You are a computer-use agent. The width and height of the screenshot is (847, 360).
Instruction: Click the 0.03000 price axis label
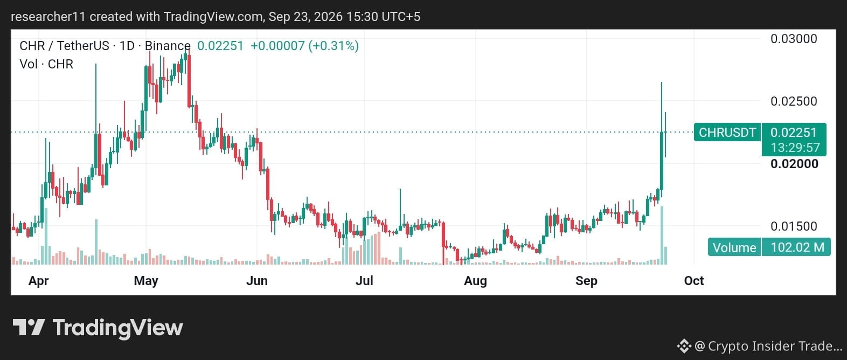pos(794,39)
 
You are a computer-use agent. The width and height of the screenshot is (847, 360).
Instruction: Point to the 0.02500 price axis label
pos(794,101)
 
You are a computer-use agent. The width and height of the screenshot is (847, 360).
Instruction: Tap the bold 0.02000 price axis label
pos(794,163)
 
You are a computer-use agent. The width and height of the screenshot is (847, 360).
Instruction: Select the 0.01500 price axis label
pos(794,226)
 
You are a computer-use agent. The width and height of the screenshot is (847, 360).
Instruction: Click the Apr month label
pos(39,281)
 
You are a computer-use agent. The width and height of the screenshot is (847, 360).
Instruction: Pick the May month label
pos(146,281)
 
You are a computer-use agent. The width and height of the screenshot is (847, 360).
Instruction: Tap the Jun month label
pos(257,281)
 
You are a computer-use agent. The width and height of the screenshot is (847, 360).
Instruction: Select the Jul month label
pos(364,281)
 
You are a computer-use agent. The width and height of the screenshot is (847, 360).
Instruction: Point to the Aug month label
pos(475,281)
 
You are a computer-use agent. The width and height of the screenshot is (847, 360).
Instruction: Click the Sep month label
pos(586,281)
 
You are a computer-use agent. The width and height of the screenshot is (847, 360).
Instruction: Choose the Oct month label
pos(694,281)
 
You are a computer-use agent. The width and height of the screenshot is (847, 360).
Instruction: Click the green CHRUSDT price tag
pos(727,133)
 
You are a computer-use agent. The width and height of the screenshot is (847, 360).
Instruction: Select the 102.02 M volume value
pos(797,247)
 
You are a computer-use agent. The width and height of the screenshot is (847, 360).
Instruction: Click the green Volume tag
pos(734,247)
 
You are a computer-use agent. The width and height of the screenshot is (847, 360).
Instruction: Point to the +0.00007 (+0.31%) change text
pos(304,46)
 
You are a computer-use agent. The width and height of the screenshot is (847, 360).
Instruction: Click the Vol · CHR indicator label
pos(46,64)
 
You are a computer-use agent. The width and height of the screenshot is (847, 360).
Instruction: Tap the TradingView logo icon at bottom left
pos(29,328)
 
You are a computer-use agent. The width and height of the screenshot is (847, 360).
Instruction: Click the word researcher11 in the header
pos(48,17)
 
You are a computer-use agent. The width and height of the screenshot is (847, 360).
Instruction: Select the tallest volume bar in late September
pos(662,235)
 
